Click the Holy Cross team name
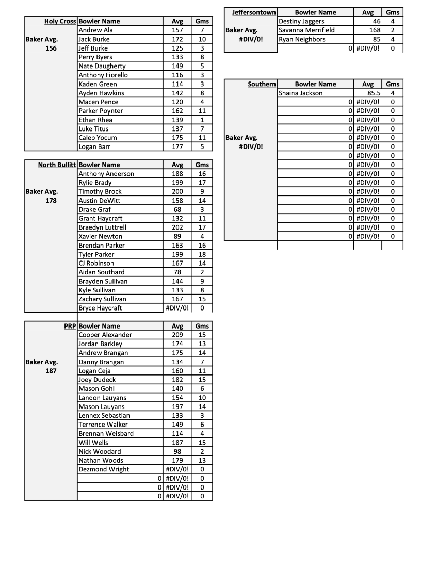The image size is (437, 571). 60,21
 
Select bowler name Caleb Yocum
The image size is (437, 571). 98,138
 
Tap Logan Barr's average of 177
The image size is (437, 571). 177,147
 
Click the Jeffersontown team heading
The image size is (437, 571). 254,12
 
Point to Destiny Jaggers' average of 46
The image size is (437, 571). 376,22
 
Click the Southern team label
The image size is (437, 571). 262,84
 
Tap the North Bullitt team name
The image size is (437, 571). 57,165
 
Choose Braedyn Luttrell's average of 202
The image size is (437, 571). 177,227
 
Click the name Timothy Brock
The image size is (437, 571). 100,192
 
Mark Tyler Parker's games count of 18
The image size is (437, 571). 202,254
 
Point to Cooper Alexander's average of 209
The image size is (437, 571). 177,335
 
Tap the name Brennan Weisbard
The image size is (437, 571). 106,433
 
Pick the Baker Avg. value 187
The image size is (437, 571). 51,371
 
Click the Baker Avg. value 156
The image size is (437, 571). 51,48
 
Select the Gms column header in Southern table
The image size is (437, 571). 393,84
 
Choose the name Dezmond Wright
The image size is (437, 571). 104,469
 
